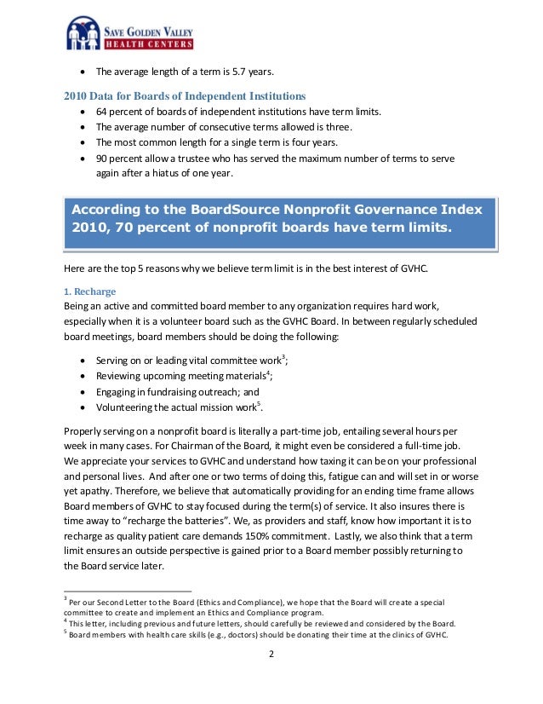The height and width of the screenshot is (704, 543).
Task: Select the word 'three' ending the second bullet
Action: pos(334,127)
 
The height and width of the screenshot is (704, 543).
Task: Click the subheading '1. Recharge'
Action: pos(90,291)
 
